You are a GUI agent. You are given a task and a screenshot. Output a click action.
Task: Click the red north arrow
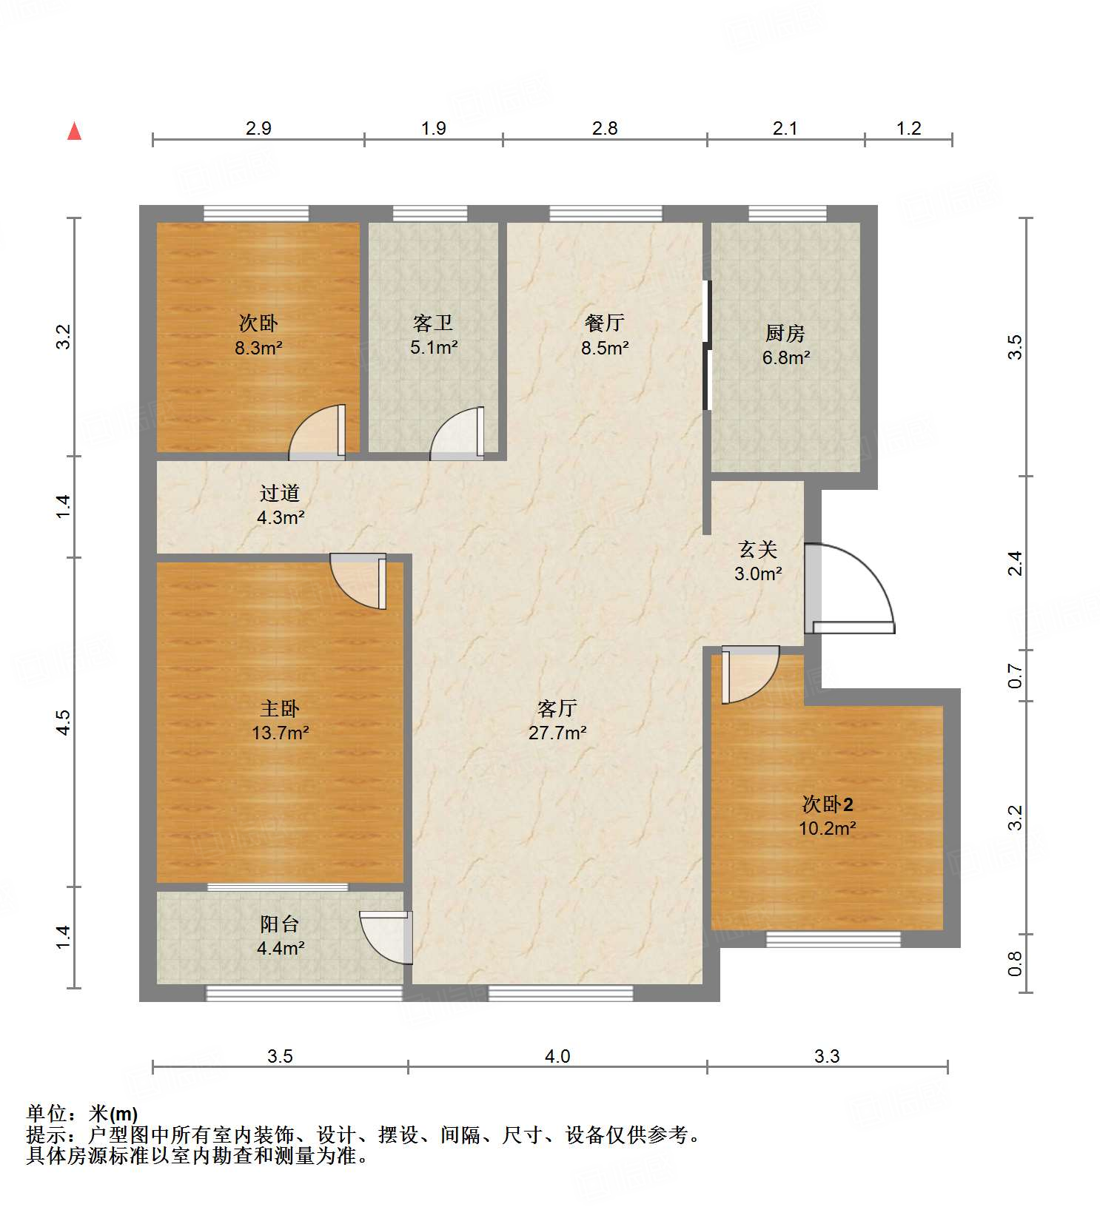tap(74, 132)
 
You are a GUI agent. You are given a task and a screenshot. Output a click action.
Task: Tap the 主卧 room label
tap(279, 709)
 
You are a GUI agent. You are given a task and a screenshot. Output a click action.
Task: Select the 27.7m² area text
tap(557, 733)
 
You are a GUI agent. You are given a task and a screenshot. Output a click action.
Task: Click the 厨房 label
tap(785, 334)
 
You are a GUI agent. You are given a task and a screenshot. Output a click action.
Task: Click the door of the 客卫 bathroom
tap(458, 434)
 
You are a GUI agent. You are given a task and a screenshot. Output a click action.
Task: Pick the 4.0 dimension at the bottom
tap(557, 1056)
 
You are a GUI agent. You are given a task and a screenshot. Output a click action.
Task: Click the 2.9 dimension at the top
tap(258, 128)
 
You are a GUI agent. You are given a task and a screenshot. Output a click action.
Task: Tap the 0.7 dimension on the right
tap(1016, 676)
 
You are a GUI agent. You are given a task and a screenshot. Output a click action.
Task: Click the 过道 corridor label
tap(279, 493)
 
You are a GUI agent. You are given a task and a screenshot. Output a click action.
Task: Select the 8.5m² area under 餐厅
tap(605, 348)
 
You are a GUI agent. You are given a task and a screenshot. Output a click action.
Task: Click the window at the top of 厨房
tap(787, 214)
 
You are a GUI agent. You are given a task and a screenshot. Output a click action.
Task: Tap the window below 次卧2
tap(833, 939)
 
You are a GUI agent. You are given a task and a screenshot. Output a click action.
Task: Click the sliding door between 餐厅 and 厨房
tap(707, 345)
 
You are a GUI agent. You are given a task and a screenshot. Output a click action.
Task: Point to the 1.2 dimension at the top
tap(908, 128)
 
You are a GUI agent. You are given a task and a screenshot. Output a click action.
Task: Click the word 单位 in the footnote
tap(46, 1113)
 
